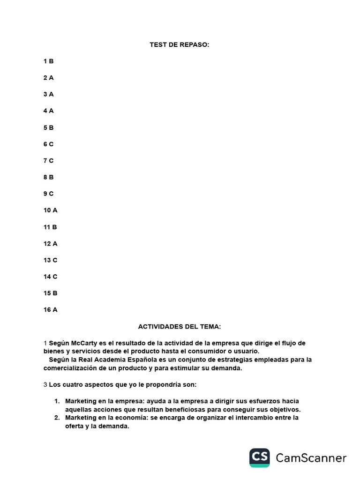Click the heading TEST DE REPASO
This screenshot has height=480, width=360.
[x=180, y=45]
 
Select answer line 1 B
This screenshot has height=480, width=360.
[x=48, y=61]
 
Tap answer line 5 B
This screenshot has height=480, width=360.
[x=48, y=127]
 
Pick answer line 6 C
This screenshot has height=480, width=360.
[x=48, y=144]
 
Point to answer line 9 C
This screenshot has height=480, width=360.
[x=48, y=194]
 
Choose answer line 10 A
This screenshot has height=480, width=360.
[x=50, y=210]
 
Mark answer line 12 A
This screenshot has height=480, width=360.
[x=50, y=244]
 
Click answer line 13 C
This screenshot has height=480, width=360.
[x=50, y=260]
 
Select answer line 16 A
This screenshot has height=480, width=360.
[x=50, y=310]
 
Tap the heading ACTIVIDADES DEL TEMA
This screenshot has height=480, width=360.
[x=180, y=326]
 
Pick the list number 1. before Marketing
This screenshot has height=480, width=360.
[x=57, y=401]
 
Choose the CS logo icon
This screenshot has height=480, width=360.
[x=260, y=457]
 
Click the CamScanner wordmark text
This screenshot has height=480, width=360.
[x=311, y=458]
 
